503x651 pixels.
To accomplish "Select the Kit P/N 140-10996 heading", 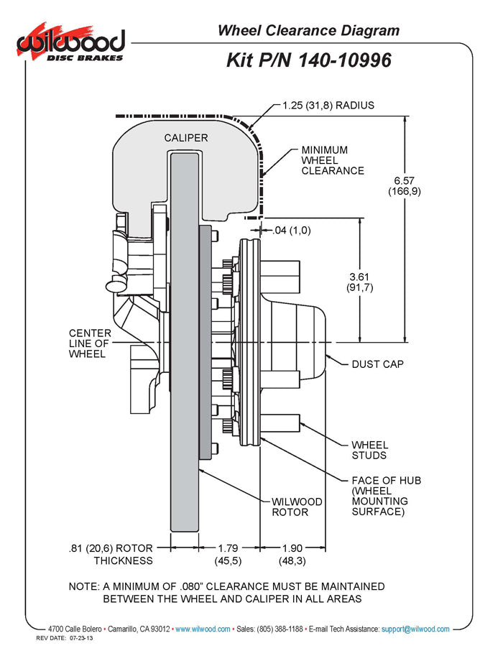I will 309,60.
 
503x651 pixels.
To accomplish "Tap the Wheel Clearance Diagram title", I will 308,30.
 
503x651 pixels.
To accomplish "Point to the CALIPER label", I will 186,137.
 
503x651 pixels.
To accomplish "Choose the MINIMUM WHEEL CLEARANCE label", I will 332,160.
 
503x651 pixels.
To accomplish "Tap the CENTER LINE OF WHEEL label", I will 90,343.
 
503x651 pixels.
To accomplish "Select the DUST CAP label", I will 377,364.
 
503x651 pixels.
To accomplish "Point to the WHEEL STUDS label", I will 369,450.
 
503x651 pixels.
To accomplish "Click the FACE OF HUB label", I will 386,496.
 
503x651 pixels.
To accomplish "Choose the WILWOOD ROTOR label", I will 297,507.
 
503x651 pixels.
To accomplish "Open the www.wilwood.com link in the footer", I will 203,629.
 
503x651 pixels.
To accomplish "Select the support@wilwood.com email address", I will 415,629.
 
